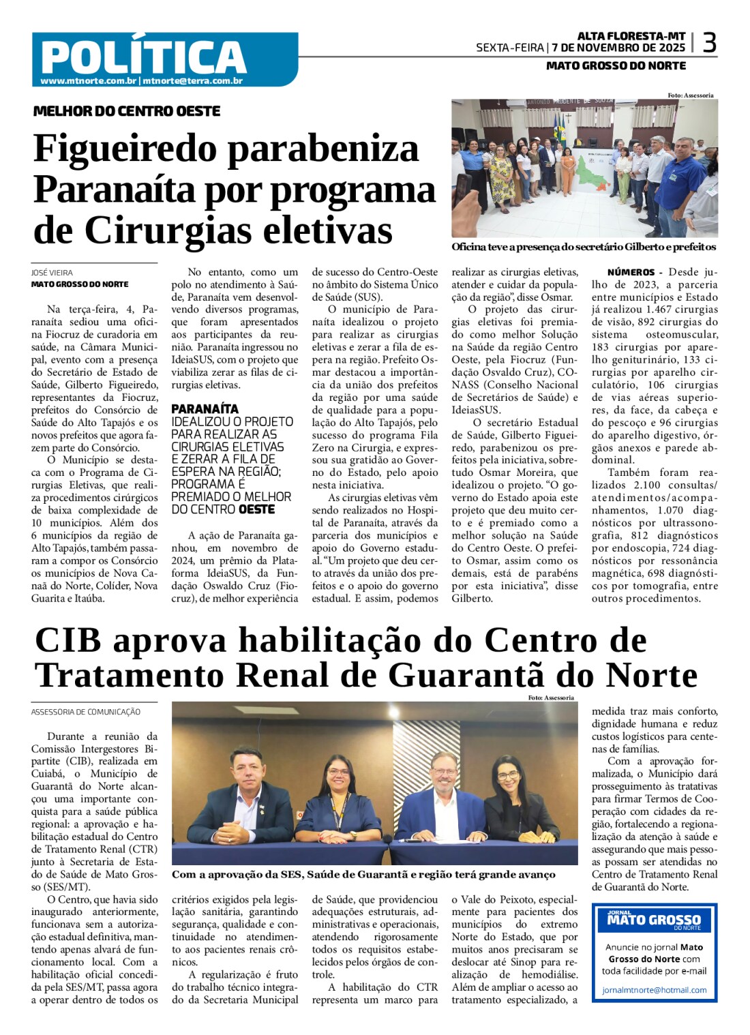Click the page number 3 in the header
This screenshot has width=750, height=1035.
pos(709,44)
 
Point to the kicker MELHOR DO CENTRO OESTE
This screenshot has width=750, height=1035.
pos(127,111)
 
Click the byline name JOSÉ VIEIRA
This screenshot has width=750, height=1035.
pos(52,273)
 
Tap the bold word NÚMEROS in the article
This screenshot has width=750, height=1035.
pos(631,272)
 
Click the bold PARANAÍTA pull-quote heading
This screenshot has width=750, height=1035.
pos(205,409)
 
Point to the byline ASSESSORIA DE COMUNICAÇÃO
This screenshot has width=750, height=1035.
pos(86,712)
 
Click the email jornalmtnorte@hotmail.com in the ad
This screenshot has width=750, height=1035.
pos(654,990)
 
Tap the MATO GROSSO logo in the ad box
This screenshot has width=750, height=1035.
pos(654,920)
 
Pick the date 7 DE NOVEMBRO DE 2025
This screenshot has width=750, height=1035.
pos(618,48)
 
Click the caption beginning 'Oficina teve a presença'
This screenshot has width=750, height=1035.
pos(584,247)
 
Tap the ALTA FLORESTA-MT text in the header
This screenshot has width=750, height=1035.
pos(631,35)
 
